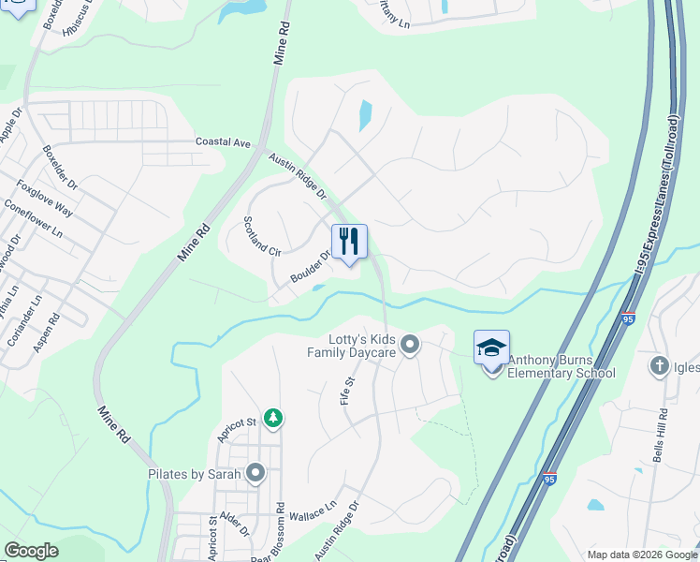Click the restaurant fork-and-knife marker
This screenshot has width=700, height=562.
(349, 243)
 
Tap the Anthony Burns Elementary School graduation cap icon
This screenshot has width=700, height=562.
(491, 348)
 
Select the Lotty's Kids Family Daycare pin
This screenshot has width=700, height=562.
(409, 347)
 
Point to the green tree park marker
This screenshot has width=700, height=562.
(272, 418)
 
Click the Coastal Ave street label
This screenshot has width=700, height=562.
(223, 142)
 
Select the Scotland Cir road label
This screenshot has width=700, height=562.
(262, 236)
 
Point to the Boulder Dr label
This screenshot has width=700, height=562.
(311, 266)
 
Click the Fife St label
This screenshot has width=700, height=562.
(352, 388)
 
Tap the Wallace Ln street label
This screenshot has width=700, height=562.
(312, 511)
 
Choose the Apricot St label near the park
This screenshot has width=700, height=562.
(237, 430)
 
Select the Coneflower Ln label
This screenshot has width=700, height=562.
(33, 219)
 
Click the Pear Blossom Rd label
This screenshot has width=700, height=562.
(280, 535)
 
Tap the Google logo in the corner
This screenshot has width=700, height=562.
(31, 551)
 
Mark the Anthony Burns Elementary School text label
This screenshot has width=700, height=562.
(561, 373)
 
